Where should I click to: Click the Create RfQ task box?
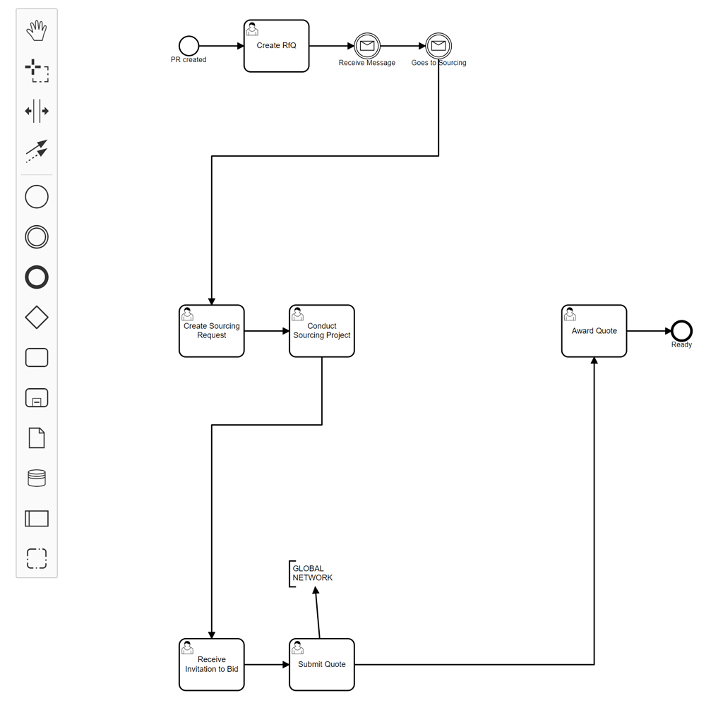click(276, 46)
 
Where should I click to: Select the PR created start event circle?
click(189, 46)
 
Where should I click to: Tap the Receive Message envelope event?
click(367, 46)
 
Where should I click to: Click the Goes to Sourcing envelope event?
click(438, 46)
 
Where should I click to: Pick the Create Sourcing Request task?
click(211, 331)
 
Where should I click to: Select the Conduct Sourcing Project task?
click(321, 331)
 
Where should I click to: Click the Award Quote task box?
click(594, 331)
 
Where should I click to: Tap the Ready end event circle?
click(681, 330)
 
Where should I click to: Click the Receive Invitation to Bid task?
click(211, 664)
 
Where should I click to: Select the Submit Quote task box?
click(321, 664)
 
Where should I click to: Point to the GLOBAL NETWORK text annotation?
click(311, 573)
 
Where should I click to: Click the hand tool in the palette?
click(37, 30)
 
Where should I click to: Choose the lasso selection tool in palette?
click(37, 71)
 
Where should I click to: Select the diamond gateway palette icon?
click(37, 318)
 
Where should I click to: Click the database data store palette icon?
click(37, 478)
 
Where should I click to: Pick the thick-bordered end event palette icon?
click(37, 277)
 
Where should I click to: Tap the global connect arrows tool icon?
click(37, 150)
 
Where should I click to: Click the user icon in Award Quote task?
click(570, 314)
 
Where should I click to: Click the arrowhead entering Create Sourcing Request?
click(212, 301)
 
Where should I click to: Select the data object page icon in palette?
click(37, 438)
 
